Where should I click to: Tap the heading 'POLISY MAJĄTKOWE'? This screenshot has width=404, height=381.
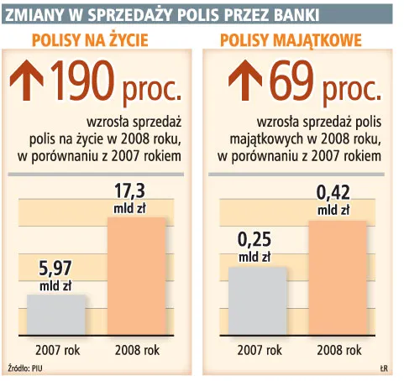[291, 39]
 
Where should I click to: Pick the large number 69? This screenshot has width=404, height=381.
[289, 82]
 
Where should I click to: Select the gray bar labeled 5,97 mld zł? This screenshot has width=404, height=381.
[56, 314]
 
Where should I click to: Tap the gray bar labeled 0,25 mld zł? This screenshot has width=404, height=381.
[257, 300]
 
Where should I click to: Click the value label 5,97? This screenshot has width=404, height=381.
[56, 270]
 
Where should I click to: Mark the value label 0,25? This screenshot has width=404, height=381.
[257, 240]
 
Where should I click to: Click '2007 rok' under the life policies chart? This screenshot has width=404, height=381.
[56, 349]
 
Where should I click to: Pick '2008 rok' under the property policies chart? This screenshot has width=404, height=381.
[338, 349]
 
